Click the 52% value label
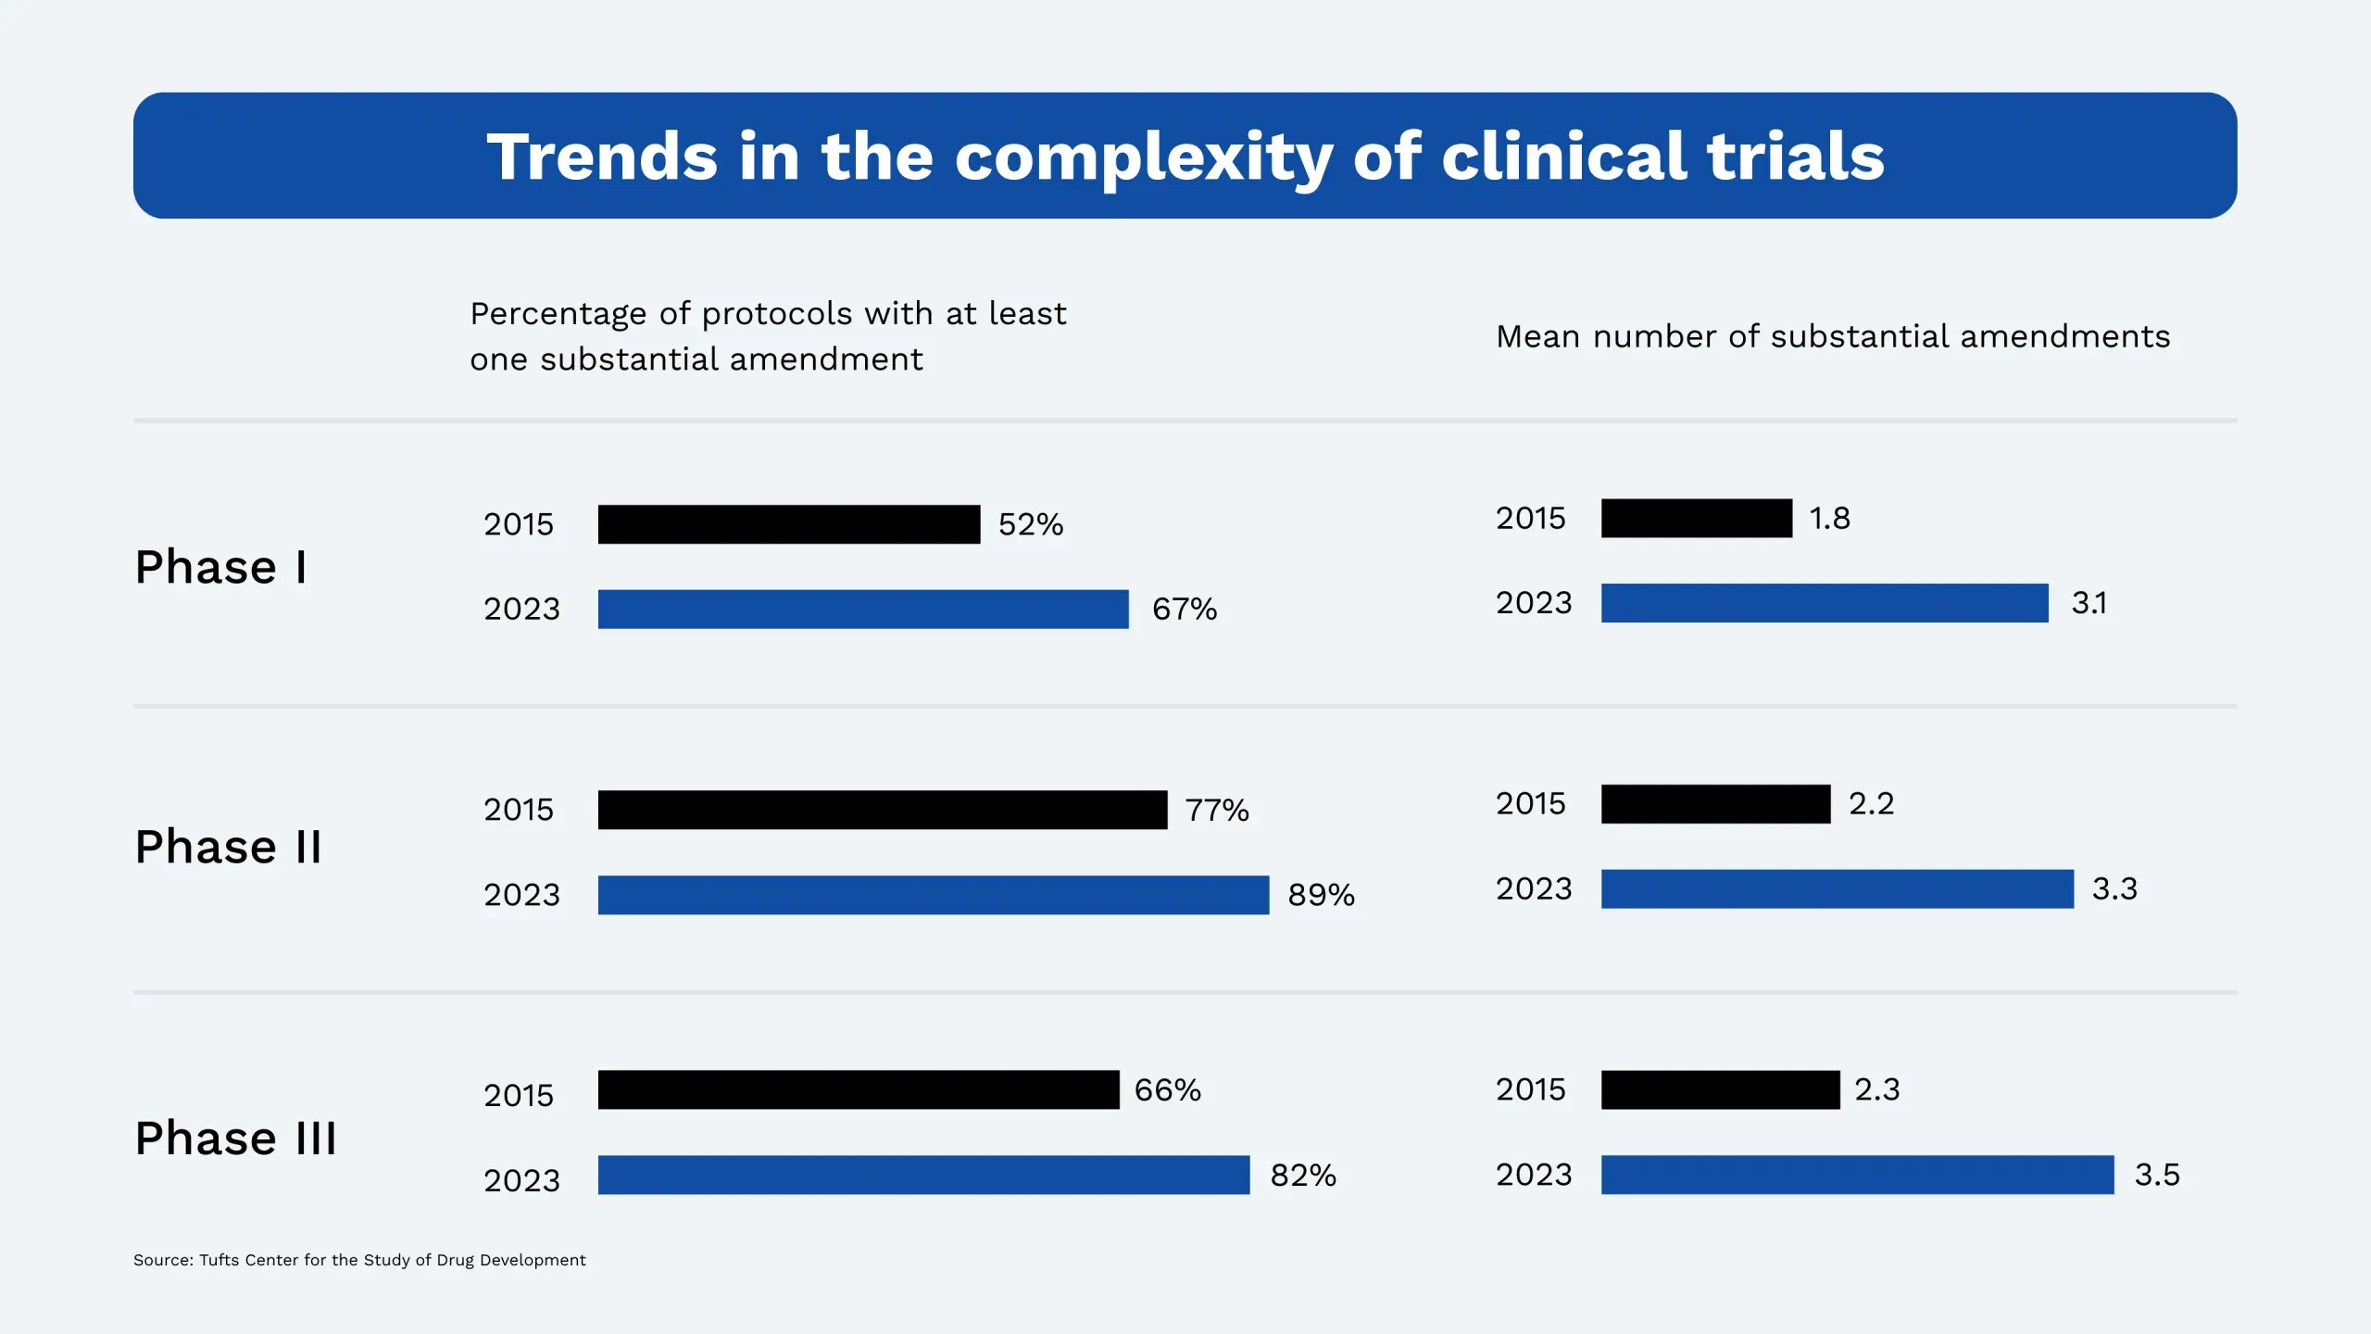pos(1030,524)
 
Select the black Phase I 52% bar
pos(788,524)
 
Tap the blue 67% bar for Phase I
pos(863,609)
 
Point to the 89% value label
pos(1321,895)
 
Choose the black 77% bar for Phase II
pos(883,810)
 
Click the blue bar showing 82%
pos(923,1175)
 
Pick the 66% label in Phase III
pos(1167,1090)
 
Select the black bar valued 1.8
pos(1696,518)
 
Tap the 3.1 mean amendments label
pos(2089,603)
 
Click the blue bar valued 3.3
pos(1837,888)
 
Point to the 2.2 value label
pos(1871,803)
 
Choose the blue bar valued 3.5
pos(1857,1175)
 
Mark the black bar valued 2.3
pos(1720,1089)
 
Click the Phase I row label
pos(220,567)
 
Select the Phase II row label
pos(228,847)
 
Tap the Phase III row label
pos(235,1138)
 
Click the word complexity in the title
pos(1143,157)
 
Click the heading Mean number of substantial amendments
pos(1832,336)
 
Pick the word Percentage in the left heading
pos(558,314)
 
